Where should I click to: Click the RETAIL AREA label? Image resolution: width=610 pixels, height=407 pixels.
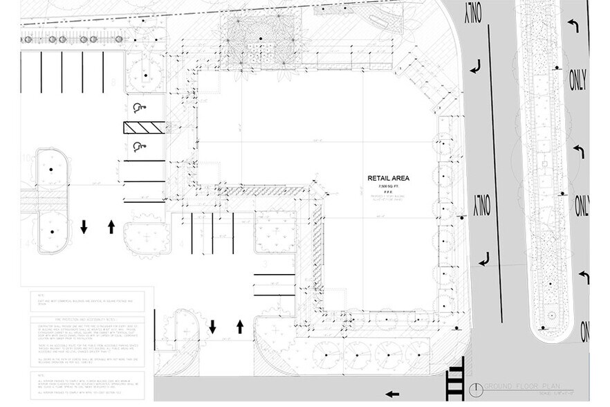pyautogui.click(x=389, y=179)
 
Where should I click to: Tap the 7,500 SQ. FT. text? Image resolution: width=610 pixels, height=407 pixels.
pyautogui.click(x=389, y=188)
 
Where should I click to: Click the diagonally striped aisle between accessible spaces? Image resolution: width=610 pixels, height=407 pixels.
pyautogui.click(x=145, y=127)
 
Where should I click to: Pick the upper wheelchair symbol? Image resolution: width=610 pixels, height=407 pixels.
pyautogui.click(x=137, y=107)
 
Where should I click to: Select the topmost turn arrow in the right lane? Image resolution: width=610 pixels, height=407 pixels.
pyautogui.click(x=573, y=25)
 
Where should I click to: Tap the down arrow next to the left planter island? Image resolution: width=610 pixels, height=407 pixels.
pyautogui.click(x=83, y=226)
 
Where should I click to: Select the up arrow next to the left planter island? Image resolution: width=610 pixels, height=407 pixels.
pyautogui.click(x=111, y=226)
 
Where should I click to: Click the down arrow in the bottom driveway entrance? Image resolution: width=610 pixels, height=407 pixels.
pyautogui.click(x=212, y=325)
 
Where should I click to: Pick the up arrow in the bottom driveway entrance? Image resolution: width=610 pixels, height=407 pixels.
pyautogui.click(x=240, y=325)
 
